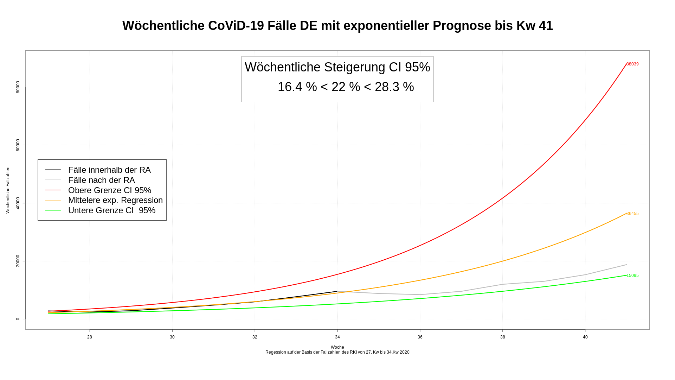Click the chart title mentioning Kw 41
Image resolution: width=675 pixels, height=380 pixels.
click(x=337, y=26)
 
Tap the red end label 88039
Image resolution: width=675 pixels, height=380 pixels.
click(x=632, y=64)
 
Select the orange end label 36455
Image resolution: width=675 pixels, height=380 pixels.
click(x=632, y=214)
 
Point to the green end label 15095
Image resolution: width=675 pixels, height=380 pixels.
click(x=632, y=275)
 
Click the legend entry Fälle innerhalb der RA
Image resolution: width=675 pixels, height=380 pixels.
click(x=109, y=170)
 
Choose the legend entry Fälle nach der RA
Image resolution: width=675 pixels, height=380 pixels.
click(x=101, y=180)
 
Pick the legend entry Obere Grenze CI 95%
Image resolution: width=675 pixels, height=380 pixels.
click(x=109, y=190)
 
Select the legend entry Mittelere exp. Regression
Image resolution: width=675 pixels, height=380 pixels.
click(x=115, y=200)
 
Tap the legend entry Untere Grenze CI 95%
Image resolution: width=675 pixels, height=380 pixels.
click(x=111, y=210)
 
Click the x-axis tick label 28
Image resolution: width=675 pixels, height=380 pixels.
click(x=90, y=337)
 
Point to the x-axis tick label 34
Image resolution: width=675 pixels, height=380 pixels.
click(x=337, y=337)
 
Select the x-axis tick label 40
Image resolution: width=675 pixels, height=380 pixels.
click(x=585, y=337)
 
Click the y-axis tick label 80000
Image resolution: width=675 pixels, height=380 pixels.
click(x=18, y=87)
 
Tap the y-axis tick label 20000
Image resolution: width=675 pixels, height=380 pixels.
click(x=18, y=261)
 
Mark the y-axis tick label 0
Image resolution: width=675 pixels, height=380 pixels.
click(x=18, y=319)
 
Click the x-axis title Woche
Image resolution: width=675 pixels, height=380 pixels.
click(x=337, y=347)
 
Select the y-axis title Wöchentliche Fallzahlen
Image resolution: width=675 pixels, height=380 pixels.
click(x=8, y=190)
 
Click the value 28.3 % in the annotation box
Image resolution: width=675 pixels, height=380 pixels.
click(x=394, y=87)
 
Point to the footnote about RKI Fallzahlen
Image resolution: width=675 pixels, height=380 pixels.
click(x=337, y=352)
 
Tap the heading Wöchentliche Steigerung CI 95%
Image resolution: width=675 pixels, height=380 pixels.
click(x=337, y=67)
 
